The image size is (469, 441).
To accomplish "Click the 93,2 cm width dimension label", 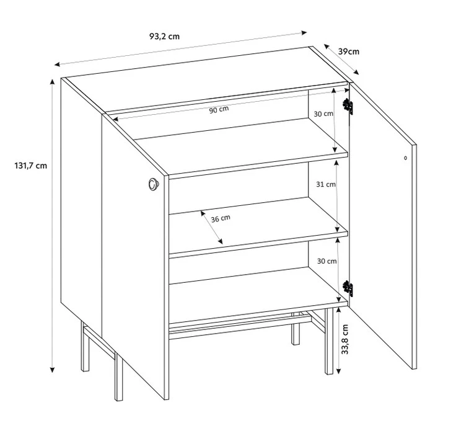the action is point(164,37).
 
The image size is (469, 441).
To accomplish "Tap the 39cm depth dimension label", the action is point(348,51).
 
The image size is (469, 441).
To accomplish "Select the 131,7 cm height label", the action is point(30,166).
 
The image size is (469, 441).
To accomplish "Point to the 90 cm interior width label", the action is point(219,110).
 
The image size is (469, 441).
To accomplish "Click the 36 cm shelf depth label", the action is point(221,218).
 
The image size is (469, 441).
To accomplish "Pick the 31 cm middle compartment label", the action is point(326,184).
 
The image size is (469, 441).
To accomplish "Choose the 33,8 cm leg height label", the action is point(345,339).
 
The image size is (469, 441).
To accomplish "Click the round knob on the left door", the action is point(154,184).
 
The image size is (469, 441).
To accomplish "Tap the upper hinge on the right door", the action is point(348,106).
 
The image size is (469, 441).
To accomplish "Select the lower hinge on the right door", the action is point(348,288).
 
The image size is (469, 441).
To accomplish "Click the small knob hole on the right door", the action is point(406,158).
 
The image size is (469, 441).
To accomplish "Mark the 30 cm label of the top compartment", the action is point(323,114).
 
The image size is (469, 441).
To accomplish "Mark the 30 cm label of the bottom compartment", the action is point(327,261).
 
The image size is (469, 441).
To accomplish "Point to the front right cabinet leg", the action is point(329,341).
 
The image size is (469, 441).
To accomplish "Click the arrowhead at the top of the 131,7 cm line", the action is point(52,82).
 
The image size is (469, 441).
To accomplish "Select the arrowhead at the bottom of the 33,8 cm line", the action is point(338,371).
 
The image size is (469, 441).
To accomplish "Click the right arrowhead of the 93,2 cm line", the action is point(304,33).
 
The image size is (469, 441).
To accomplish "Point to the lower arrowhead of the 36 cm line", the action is point(221,241).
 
